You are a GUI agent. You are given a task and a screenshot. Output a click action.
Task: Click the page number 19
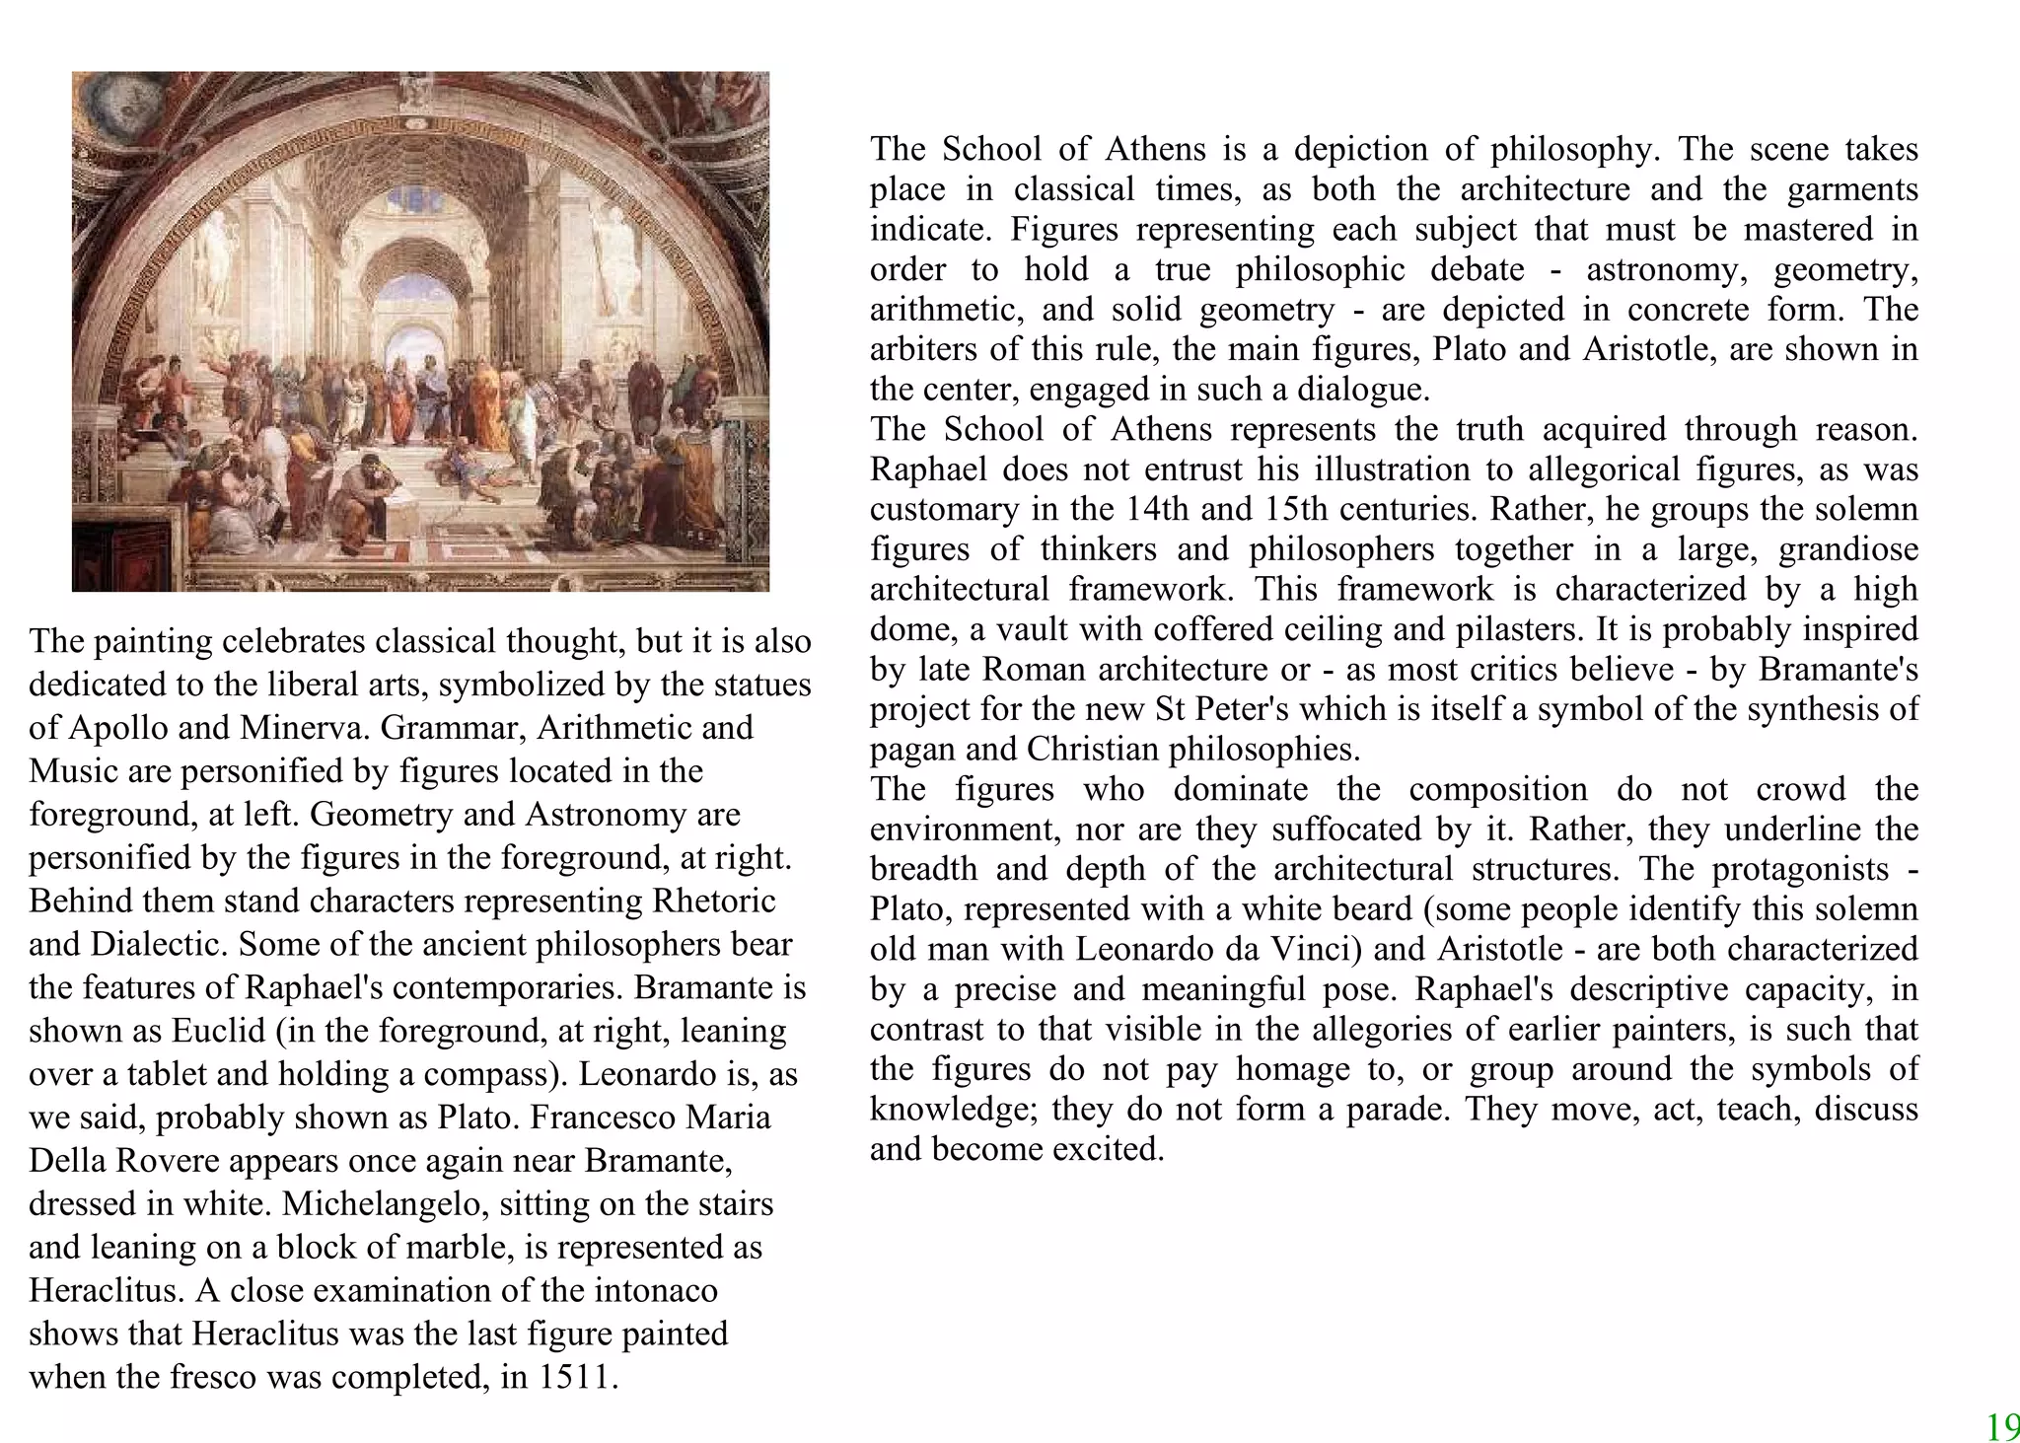coord(2002,1427)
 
